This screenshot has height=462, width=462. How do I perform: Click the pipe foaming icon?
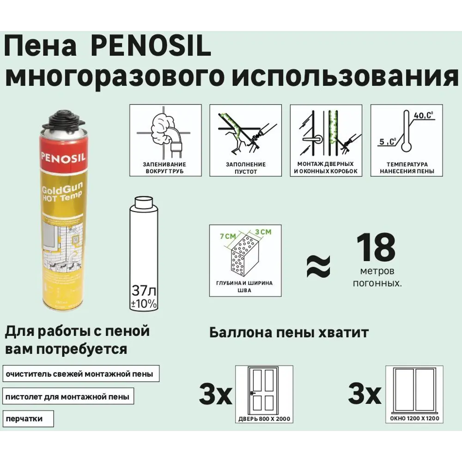click(x=165, y=134)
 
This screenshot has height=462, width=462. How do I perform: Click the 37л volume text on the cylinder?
click(x=143, y=291)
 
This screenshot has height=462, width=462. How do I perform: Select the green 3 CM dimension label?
click(x=261, y=231)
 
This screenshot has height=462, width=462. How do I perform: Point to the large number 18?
click(x=376, y=247)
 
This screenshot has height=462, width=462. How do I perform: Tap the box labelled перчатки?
click(x=28, y=419)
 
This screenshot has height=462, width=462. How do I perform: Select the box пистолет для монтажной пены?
click(x=68, y=396)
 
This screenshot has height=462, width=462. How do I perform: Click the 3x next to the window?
click(x=365, y=395)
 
